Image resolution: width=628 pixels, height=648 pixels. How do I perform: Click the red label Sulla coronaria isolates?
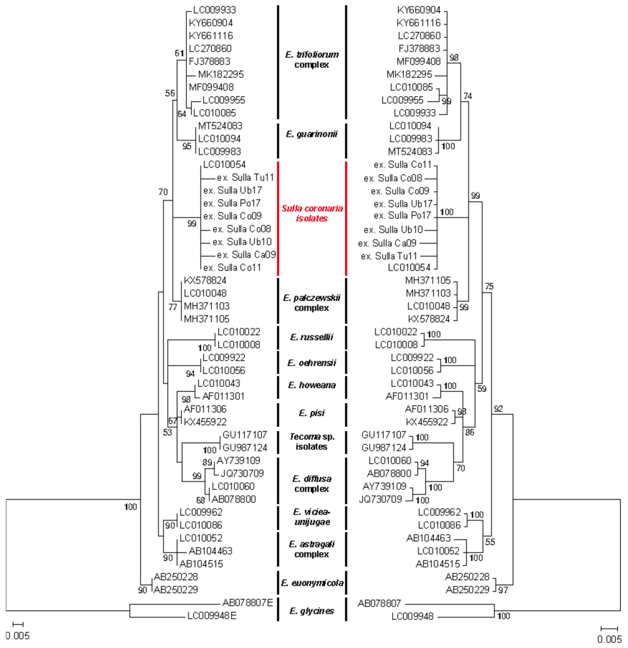click(x=312, y=213)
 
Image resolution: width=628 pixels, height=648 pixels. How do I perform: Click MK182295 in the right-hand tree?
click(x=409, y=74)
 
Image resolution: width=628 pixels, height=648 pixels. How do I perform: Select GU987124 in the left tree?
click(x=245, y=448)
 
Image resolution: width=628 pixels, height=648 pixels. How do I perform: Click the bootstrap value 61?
click(x=179, y=53)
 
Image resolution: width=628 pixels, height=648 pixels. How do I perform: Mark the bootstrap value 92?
click(x=498, y=409)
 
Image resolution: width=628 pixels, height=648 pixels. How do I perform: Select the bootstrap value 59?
click(x=482, y=389)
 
